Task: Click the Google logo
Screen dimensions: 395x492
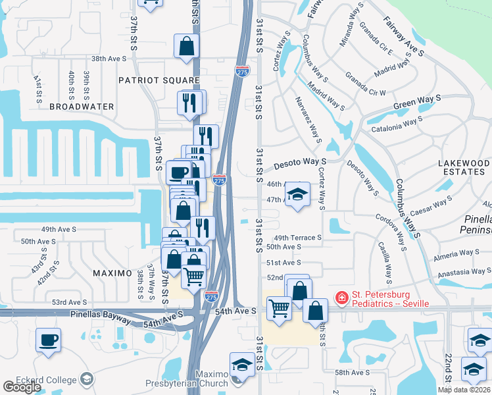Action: (x=22, y=386)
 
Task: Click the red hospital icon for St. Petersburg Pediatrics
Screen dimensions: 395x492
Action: (x=341, y=298)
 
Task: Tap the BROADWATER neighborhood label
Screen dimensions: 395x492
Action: (x=82, y=107)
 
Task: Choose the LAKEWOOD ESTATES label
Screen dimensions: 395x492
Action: (x=464, y=167)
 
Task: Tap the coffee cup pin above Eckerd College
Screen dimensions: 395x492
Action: (x=48, y=340)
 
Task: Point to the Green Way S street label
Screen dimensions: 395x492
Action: (x=416, y=101)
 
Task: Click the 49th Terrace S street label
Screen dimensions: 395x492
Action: (x=297, y=238)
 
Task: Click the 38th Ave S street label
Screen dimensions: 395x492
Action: (x=109, y=59)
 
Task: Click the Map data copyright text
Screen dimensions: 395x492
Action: (x=464, y=390)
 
